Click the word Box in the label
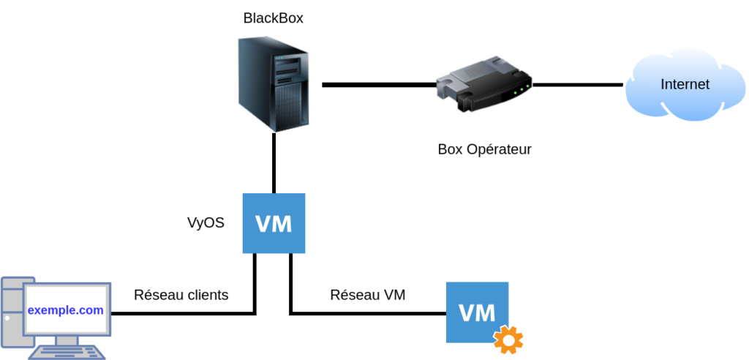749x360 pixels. [450, 150]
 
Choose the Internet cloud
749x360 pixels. [685, 83]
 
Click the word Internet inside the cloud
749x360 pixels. [685, 84]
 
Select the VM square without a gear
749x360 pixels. [274, 223]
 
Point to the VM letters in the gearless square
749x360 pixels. [274, 223]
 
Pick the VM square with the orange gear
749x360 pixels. [477, 312]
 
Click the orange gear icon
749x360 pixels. [508, 340]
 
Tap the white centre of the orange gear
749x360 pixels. [508, 340]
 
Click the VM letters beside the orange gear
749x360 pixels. [477, 312]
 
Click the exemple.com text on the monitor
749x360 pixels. [65, 310]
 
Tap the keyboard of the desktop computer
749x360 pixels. [67, 352]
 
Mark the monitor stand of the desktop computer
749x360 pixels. [67, 340]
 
